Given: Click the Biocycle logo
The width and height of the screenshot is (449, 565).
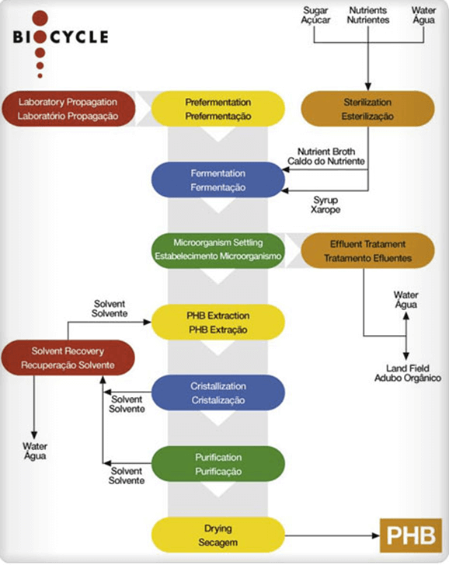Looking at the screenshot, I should [61, 37].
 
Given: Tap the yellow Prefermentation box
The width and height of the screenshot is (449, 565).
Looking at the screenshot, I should [218, 109].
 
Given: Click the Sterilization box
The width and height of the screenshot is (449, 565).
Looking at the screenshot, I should [368, 109].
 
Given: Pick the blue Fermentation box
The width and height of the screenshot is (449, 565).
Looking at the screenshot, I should [218, 180].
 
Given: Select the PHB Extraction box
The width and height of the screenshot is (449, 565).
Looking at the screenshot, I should [218, 321].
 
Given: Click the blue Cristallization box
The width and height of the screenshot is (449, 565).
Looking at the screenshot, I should [218, 392].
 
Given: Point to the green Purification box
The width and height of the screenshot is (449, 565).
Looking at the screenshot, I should [218, 464].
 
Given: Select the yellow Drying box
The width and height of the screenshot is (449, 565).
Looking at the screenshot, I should [218, 535].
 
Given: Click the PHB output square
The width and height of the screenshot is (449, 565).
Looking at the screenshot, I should [412, 536].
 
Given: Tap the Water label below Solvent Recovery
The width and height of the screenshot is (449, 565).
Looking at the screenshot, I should [34, 451].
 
